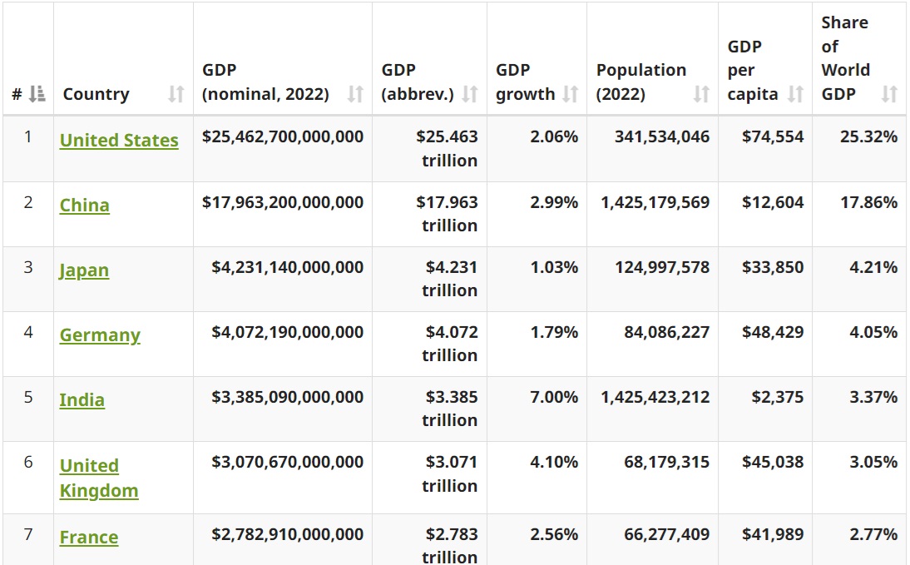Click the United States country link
pos(119,141)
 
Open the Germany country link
pos(100,335)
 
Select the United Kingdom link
pos(98,478)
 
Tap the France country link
pos(89,538)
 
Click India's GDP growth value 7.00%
pos(554,397)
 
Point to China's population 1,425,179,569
pos(655,202)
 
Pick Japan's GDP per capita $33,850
pos(773,267)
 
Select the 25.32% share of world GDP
pos(868,136)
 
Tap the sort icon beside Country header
pos(176,94)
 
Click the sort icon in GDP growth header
pos(570,94)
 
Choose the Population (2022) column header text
pos(640,82)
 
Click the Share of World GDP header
pos(846,58)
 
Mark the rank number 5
pos(28,397)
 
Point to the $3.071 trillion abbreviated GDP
pos(450,473)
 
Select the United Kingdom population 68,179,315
pos(666,462)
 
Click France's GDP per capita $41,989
pos(773,534)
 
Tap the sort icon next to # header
pos(37,94)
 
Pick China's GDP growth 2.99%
pos(554,202)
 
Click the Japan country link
pos(84,270)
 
